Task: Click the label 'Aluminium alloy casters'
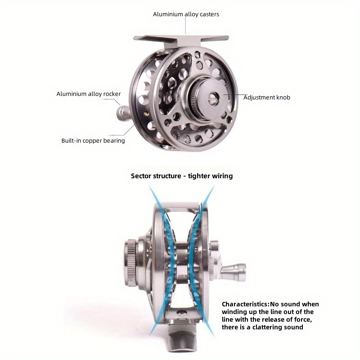pyautogui.click(x=186, y=14)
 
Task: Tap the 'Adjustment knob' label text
pyautogui.click(x=267, y=97)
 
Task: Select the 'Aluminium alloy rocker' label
pyautogui.click(x=89, y=94)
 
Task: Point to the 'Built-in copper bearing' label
pyautogui.click(x=93, y=140)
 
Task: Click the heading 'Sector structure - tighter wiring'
pyautogui.click(x=182, y=176)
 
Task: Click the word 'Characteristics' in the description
pyautogui.click(x=245, y=304)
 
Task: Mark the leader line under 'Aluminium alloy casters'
pyautogui.click(x=185, y=26)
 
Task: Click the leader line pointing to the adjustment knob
pyautogui.click(x=234, y=94)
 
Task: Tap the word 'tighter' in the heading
pyautogui.click(x=198, y=176)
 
